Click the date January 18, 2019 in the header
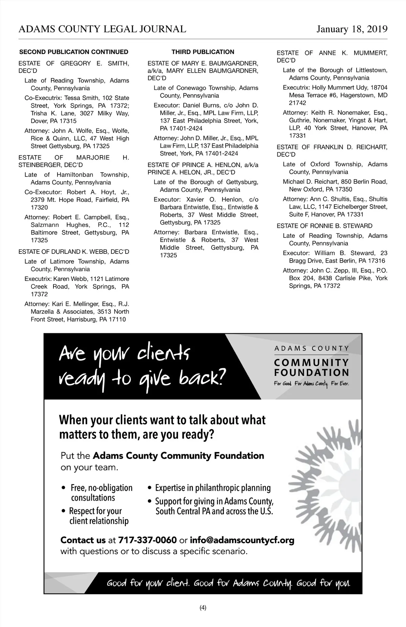(x=352, y=29)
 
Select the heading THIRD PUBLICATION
(x=203, y=52)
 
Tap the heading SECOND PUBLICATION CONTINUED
(x=74, y=52)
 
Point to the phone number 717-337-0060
(x=148, y=540)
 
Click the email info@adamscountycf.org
(x=242, y=540)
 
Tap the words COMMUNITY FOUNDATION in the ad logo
(x=311, y=368)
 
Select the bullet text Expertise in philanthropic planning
(x=213, y=488)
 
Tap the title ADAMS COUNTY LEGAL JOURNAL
(x=102, y=29)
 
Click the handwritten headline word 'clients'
(x=164, y=354)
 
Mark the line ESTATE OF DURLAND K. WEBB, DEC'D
(x=74, y=252)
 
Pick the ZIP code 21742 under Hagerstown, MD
(x=297, y=103)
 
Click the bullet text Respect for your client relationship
(x=96, y=516)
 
